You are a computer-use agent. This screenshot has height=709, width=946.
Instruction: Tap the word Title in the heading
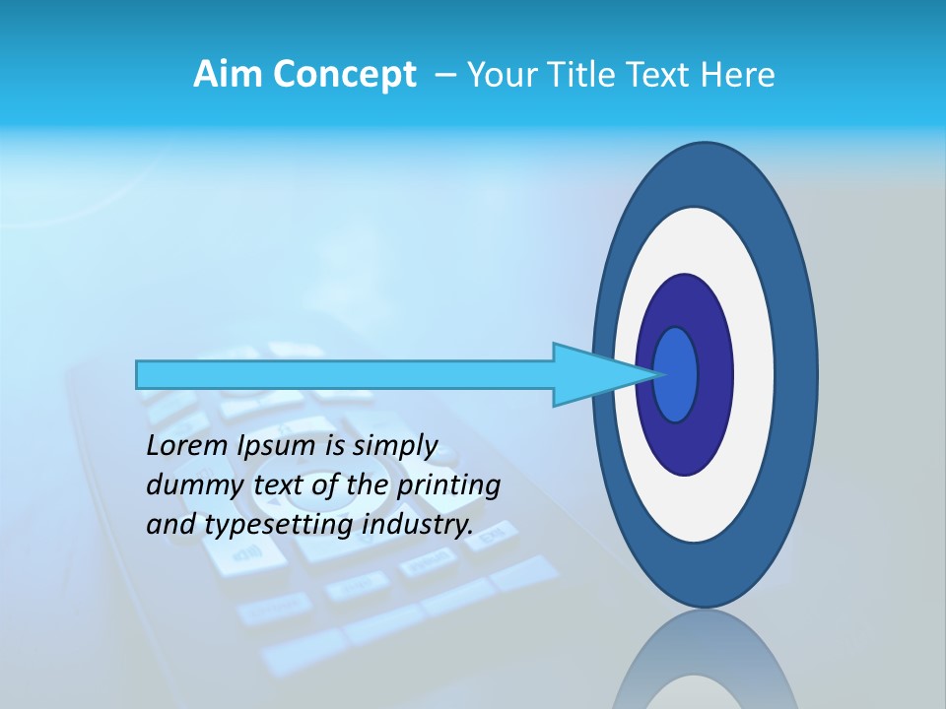point(577,75)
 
